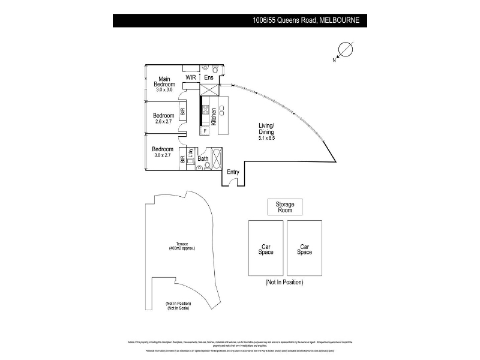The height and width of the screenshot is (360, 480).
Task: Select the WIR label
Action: point(191,77)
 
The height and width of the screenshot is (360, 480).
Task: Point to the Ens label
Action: point(209,77)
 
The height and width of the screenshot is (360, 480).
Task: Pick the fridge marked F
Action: point(205,130)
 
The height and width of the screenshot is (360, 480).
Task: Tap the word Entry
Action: point(233,172)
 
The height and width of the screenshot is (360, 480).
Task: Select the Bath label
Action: point(203,159)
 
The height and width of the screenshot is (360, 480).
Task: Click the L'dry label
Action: point(190,153)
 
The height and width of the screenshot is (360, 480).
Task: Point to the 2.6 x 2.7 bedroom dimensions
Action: point(163,122)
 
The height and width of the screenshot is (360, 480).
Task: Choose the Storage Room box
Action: point(285,207)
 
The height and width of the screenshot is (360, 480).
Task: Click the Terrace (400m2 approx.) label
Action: point(182,246)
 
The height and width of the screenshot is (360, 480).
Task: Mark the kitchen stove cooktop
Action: point(205,111)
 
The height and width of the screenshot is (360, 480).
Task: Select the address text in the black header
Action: point(306,20)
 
